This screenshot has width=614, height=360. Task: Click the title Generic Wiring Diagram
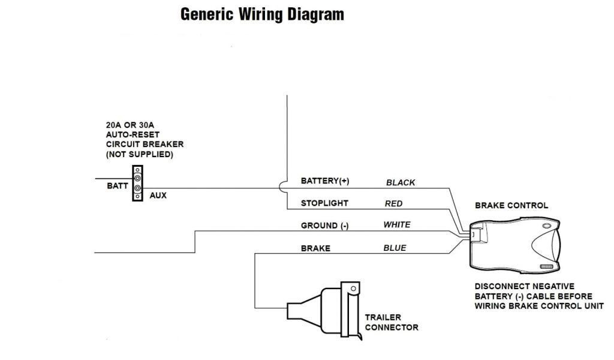(262, 14)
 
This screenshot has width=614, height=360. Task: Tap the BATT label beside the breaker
(117, 186)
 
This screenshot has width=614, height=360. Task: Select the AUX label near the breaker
(158, 196)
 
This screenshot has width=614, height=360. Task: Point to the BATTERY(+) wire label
(324, 181)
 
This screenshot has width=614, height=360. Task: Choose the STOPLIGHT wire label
(324, 203)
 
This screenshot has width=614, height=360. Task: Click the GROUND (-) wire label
(324, 226)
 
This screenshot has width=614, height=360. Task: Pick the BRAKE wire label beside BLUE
(315, 248)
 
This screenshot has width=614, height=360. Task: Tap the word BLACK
(401, 182)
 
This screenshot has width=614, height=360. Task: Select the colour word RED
(393, 204)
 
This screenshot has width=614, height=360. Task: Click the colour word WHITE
(397, 225)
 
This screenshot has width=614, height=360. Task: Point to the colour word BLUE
(395, 248)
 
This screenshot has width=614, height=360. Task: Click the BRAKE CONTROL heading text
(511, 205)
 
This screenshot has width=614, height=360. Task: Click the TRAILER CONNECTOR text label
(392, 322)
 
